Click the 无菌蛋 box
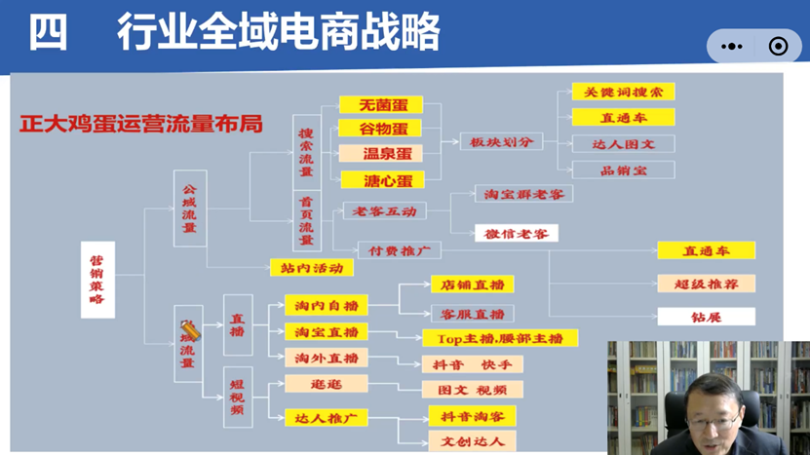coord(379,105)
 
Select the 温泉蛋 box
coord(379,154)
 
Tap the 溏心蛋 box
coord(379,180)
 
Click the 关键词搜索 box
coord(623,93)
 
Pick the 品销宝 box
coord(623,170)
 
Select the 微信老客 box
coord(516,234)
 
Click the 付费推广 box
coord(400,250)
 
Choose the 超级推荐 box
coord(706,284)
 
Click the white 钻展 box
coord(706,317)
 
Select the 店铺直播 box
coord(472,284)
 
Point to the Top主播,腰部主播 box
coord(500,338)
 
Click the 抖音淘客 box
coord(472,416)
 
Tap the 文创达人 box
coord(472,441)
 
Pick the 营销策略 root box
coord(96,281)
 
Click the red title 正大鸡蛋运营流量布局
coord(141,125)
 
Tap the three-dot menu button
coord(731,46)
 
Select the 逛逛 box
coord(326,385)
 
